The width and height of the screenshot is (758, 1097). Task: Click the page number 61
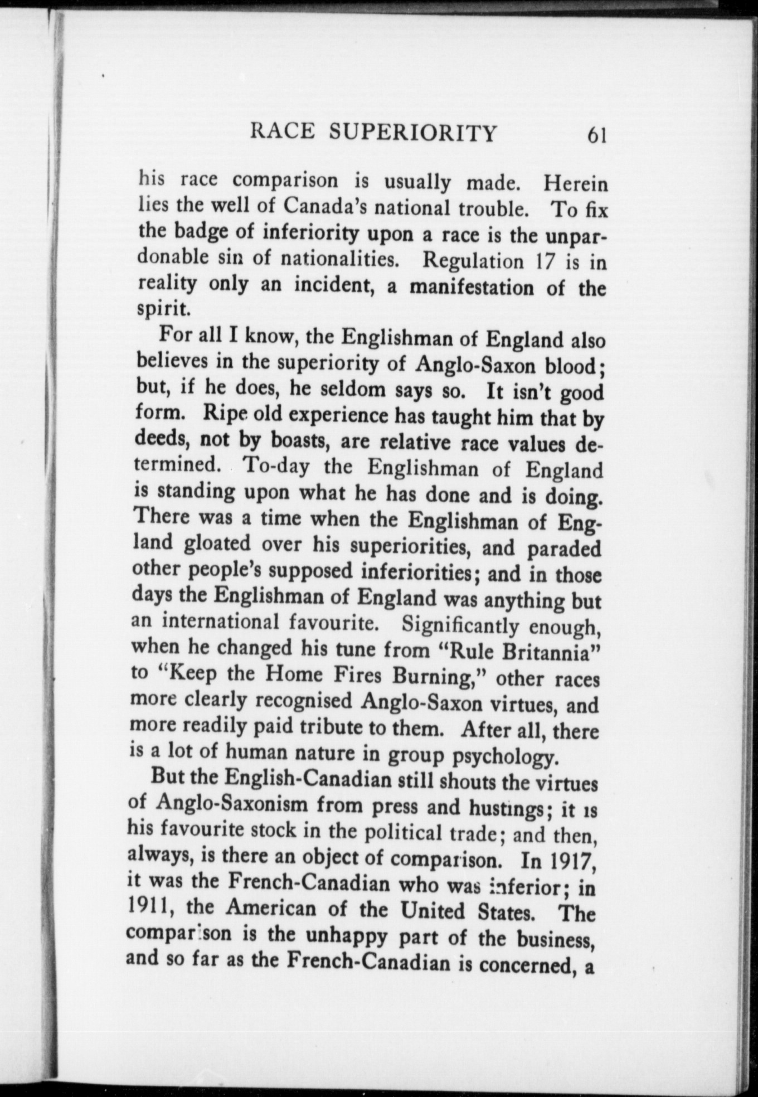(x=592, y=135)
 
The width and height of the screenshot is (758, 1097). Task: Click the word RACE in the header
(x=281, y=133)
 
